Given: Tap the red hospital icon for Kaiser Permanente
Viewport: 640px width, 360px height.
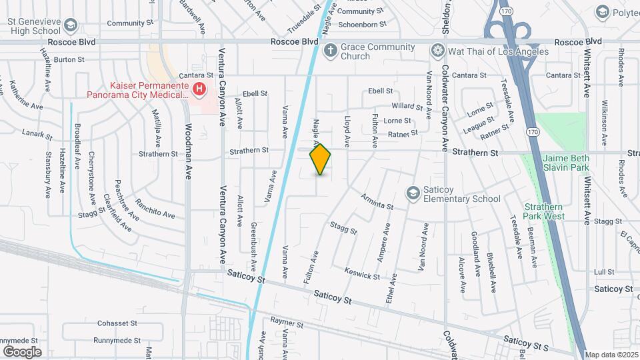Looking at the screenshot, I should point(199,89).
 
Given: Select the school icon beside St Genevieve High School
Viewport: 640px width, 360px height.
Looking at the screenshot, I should point(71,26).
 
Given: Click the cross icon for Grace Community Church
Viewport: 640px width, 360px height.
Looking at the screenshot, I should point(329,51).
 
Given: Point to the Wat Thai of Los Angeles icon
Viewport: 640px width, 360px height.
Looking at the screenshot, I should point(437,51).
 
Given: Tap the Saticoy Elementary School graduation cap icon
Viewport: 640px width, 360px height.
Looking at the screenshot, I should point(413,193).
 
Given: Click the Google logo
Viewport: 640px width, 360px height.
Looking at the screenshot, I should point(22,351).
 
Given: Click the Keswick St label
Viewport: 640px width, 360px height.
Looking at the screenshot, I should point(362,273).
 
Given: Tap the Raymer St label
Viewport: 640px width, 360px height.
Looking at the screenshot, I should point(287,324).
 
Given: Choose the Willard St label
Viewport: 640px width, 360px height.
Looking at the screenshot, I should point(403,106).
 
